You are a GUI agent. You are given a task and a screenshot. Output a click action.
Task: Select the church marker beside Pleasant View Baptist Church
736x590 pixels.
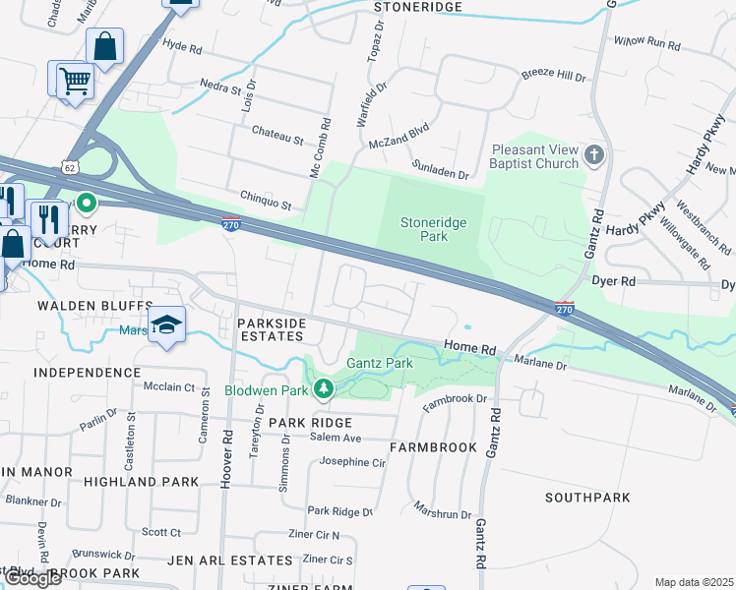(x=594, y=155)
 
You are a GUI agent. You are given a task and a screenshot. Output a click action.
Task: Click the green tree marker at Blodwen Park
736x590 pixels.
(x=324, y=390)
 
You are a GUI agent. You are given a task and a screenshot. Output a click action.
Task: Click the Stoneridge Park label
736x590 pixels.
(x=433, y=229)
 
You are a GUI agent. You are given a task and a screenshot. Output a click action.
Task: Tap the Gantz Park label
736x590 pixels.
(x=379, y=363)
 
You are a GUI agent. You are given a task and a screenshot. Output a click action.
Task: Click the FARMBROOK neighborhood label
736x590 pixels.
(x=433, y=446)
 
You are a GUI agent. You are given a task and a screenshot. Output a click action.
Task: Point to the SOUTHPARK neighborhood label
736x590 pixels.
(x=588, y=498)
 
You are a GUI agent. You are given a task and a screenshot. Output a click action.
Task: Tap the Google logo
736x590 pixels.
(x=32, y=579)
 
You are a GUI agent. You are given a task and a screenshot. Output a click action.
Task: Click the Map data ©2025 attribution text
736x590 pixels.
(x=694, y=582)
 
